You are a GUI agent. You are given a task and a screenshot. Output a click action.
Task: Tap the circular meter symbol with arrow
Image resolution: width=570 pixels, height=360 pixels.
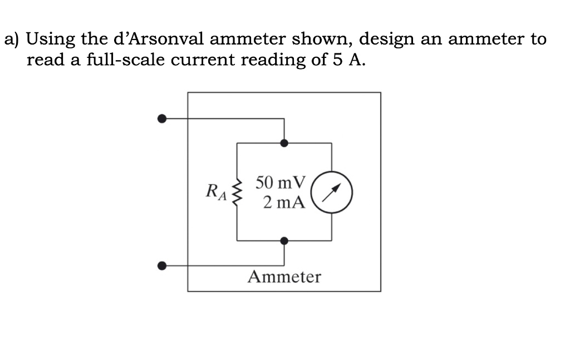click(x=332, y=192)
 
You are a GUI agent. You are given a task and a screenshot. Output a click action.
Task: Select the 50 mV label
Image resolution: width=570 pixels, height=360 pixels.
click(x=281, y=182)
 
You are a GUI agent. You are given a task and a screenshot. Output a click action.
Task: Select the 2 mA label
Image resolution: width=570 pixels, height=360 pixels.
click(x=284, y=202)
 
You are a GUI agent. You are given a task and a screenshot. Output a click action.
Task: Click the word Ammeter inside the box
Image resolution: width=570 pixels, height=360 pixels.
click(x=284, y=277)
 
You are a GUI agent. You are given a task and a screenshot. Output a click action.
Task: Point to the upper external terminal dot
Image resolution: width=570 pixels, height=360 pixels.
click(x=162, y=119)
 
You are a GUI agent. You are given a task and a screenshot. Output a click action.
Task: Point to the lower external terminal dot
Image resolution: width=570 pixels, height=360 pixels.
click(x=162, y=266)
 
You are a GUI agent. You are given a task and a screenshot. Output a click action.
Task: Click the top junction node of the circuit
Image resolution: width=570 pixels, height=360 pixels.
click(x=284, y=143)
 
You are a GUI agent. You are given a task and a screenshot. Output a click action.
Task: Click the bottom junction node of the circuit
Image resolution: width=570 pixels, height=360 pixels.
click(x=284, y=240)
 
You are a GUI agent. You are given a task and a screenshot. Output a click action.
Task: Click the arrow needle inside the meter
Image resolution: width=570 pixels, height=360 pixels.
click(x=332, y=192)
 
